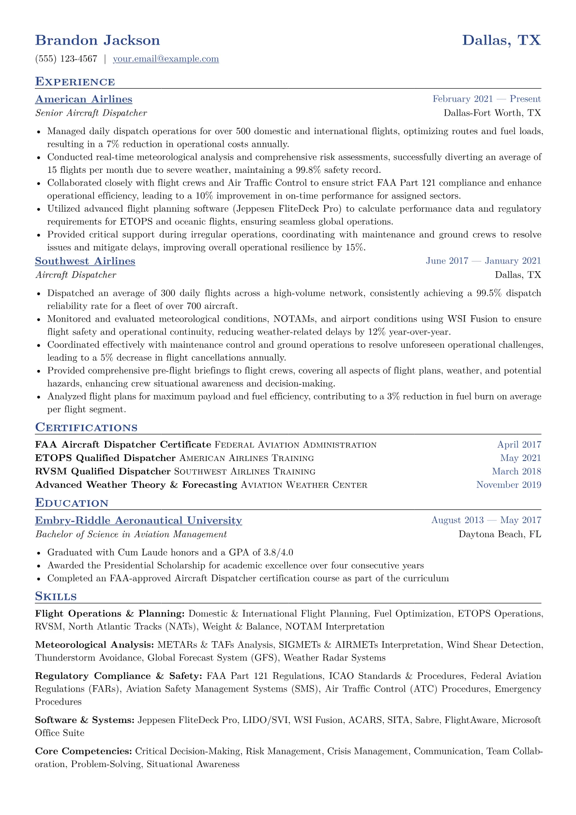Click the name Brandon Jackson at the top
97,40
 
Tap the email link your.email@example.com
166,59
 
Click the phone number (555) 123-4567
66,59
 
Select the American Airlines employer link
83,99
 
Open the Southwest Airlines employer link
85,261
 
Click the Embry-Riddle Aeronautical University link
138,521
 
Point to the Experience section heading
75,82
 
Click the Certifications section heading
86,428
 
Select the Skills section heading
56,596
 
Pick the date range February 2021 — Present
486,99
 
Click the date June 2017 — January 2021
483,261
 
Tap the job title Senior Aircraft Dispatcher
91,113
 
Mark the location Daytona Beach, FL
500,535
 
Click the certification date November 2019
508,485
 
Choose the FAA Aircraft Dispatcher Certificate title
123,445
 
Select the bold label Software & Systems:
85,720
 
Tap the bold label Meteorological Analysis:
94,645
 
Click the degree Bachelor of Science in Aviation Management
131,535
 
